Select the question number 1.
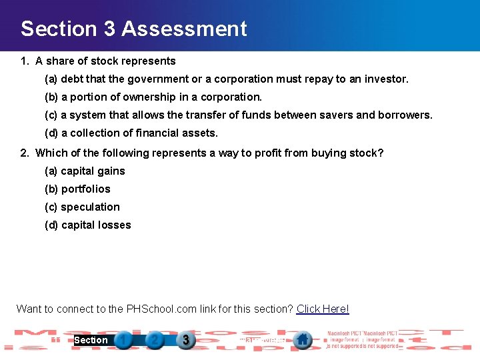click(x=24, y=61)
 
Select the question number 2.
click(x=24, y=153)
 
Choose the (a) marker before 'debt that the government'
click(x=51, y=79)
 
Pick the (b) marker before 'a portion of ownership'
click(x=51, y=97)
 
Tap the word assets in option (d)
click(x=200, y=133)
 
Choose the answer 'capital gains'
click(x=93, y=171)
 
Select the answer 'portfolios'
click(x=86, y=189)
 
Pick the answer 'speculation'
click(x=90, y=207)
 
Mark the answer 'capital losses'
click(x=96, y=225)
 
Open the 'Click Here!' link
click(x=323, y=309)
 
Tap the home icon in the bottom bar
click(x=303, y=340)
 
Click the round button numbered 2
click(x=155, y=341)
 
